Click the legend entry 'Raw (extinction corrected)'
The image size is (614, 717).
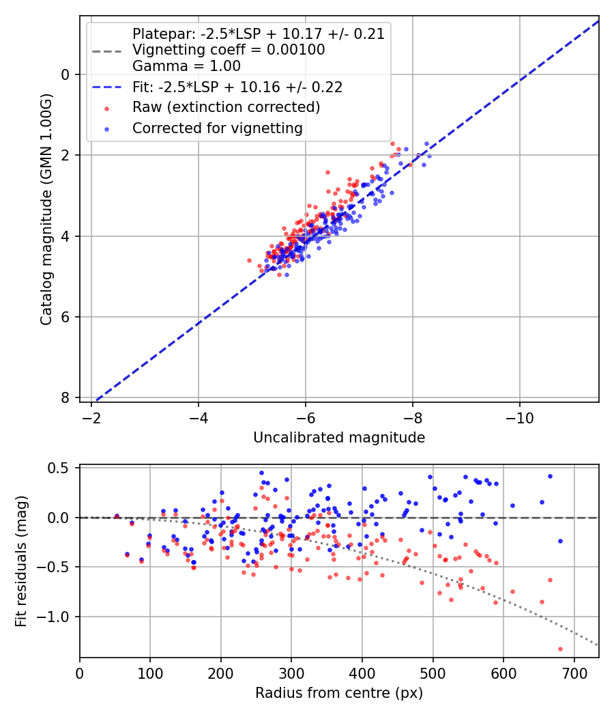click(226, 107)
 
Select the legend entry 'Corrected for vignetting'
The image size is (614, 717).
click(218, 128)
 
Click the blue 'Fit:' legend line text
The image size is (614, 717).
click(237, 87)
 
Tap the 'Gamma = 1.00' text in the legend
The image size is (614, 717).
click(186, 66)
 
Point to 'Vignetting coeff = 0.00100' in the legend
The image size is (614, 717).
click(229, 50)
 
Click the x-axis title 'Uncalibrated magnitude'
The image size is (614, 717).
click(339, 438)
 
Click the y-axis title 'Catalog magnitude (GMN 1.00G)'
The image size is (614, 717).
click(46, 220)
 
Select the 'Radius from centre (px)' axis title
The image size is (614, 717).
click(339, 693)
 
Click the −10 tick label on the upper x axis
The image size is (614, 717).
click(520, 418)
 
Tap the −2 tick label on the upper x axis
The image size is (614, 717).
click(91, 418)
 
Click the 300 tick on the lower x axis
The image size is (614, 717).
click(291, 673)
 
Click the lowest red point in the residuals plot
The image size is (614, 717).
click(560, 649)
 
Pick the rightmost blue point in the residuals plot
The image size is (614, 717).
click(560, 541)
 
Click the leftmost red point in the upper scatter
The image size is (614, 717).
click(249, 260)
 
